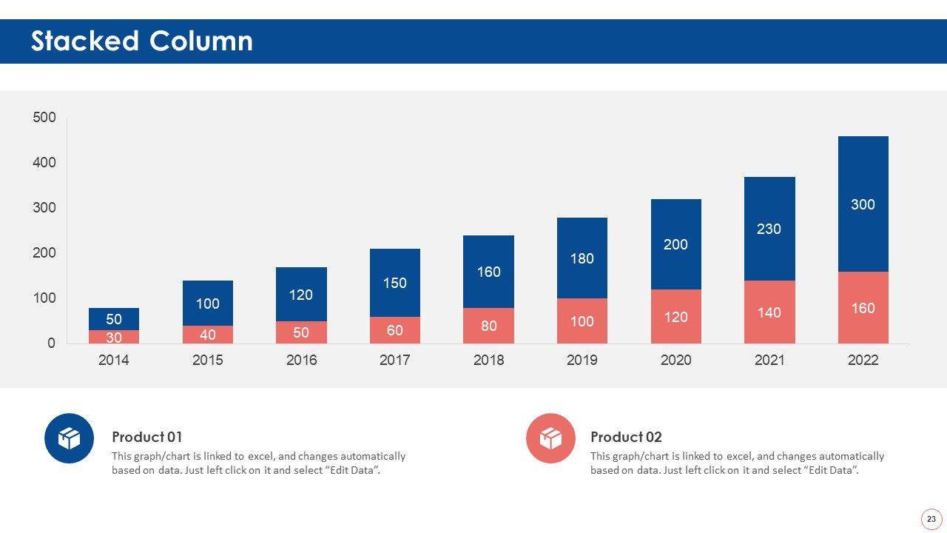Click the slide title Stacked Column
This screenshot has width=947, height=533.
(x=141, y=41)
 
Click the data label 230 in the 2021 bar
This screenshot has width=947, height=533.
(x=769, y=229)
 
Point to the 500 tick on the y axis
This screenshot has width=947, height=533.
(x=44, y=118)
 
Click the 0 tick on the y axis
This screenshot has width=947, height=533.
(x=51, y=343)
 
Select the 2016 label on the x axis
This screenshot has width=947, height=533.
(x=301, y=361)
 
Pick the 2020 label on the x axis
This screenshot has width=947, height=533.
(x=675, y=361)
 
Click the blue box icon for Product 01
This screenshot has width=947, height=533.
(x=69, y=438)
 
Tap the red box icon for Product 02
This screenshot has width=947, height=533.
(x=550, y=438)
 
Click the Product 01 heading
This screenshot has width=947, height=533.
(x=146, y=437)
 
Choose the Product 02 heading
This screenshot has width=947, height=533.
(x=626, y=437)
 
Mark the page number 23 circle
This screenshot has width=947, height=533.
(x=931, y=520)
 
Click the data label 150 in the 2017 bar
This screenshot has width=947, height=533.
(x=394, y=283)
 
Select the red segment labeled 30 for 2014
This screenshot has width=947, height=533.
(x=114, y=338)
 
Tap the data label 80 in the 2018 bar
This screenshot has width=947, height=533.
(x=488, y=326)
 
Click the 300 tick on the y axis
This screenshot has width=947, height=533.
(x=44, y=208)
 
